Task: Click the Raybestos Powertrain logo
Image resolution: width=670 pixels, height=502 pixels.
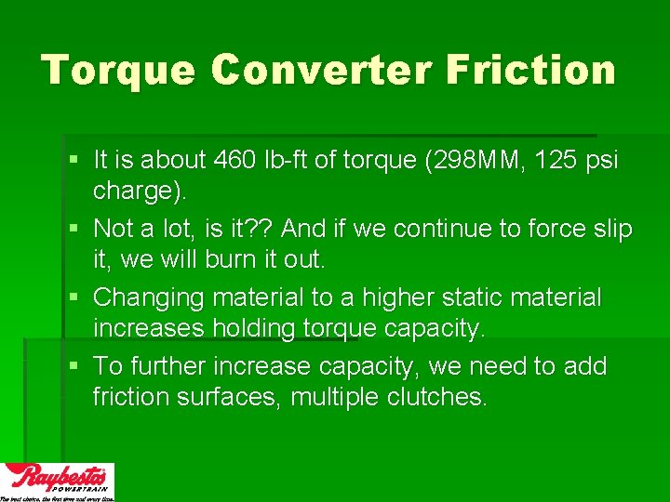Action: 58,482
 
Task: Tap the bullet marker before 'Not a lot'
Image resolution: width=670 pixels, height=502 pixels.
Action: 74,229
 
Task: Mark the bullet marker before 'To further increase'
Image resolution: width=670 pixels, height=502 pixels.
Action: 74,366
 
